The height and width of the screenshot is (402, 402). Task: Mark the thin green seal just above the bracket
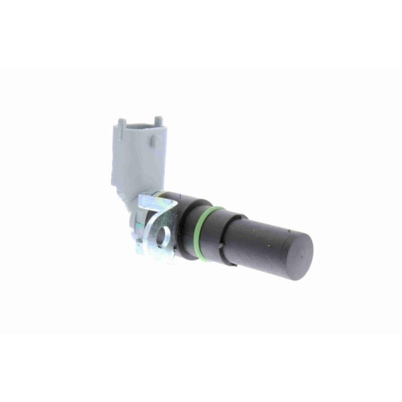pos(165,195)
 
